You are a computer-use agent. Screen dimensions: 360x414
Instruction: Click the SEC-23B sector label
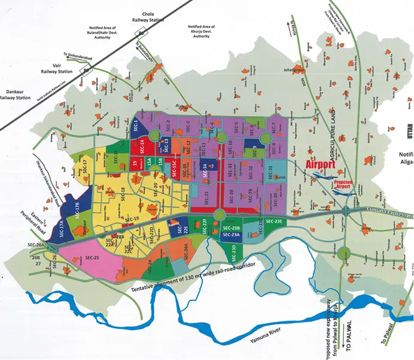231,229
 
